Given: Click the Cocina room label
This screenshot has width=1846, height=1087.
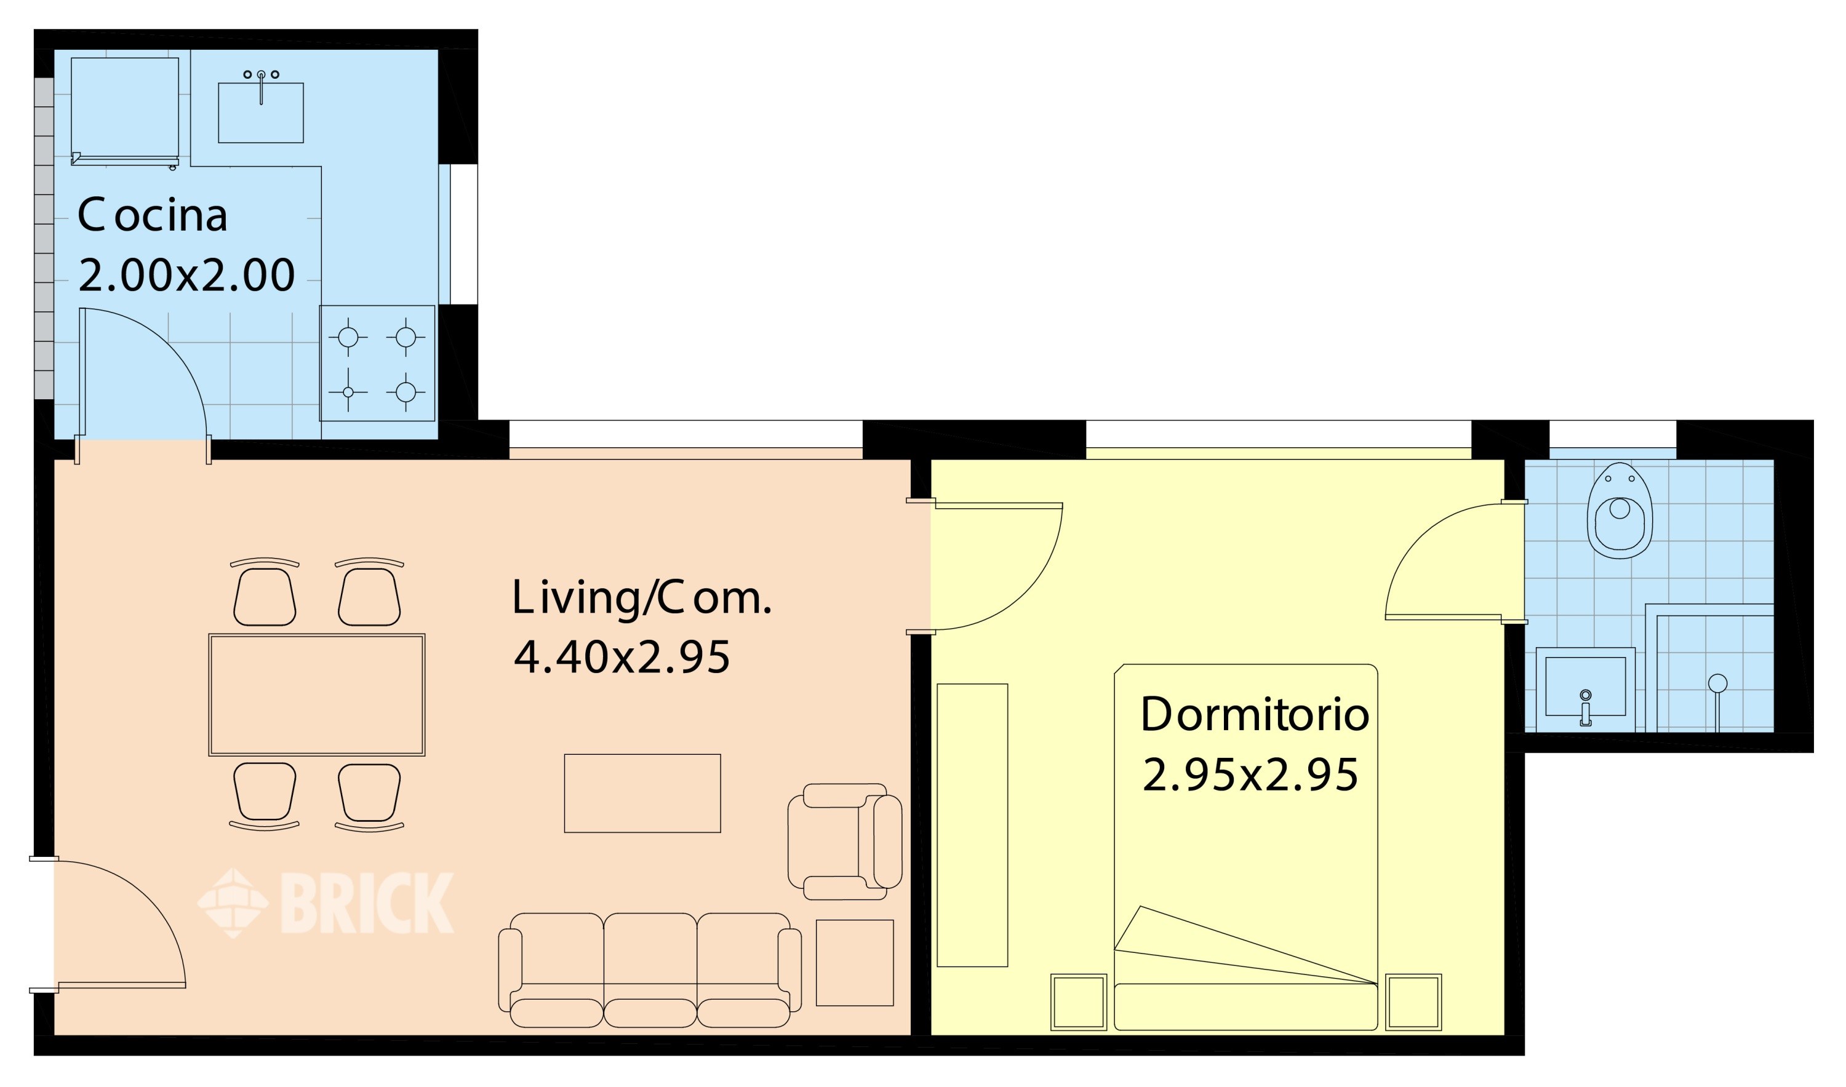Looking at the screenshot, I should pyautogui.click(x=153, y=216).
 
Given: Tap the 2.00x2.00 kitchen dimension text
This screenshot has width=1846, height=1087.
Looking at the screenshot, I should pyautogui.click(x=186, y=276).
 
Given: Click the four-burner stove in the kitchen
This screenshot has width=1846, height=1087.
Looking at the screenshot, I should pyautogui.click(x=377, y=364).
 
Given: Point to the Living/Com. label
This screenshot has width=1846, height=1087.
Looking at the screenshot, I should pyautogui.click(x=642, y=599).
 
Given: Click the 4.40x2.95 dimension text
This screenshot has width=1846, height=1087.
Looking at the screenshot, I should pyautogui.click(x=621, y=657).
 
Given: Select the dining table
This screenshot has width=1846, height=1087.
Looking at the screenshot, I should pyautogui.click(x=316, y=695).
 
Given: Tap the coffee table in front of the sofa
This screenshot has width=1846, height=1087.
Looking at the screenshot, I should pyautogui.click(x=642, y=794).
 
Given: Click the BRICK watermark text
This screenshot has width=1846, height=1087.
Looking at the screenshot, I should pyautogui.click(x=366, y=903).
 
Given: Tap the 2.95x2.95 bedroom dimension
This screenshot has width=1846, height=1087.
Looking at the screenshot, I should pyautogui.click(x=1250, y=776).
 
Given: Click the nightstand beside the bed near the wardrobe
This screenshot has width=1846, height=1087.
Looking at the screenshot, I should pyautogui.click(x=1078, y=1002).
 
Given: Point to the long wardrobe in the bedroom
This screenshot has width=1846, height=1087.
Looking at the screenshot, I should pyautogui.click(x=972, y=826).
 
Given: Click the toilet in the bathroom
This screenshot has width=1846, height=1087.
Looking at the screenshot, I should pyautogui.click(x=1620, y=511).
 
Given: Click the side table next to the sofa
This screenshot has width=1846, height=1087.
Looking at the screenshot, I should pyautogui.click(x=855, y=963).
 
